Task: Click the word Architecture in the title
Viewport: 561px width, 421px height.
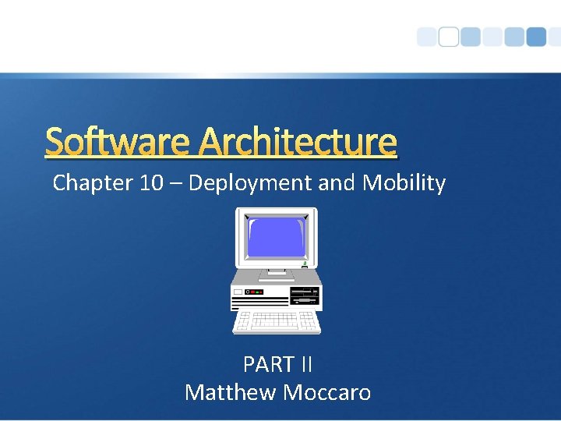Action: point(298,142)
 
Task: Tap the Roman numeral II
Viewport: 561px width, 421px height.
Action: point(305,364)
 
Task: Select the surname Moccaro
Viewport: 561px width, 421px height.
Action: point(327,391)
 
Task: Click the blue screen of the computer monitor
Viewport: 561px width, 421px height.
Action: point(275,237)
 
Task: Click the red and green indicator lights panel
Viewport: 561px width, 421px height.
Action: point(255,292)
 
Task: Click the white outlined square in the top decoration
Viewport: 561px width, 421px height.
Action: point(449,37)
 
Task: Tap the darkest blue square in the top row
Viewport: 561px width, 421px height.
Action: point(536,37)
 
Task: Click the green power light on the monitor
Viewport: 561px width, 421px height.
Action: point(304,263)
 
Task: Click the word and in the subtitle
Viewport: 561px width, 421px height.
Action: point(336,183)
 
